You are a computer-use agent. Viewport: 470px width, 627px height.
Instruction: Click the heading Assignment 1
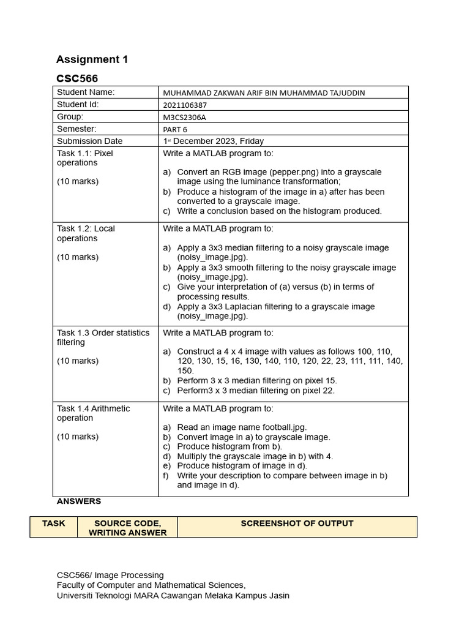[92, 59]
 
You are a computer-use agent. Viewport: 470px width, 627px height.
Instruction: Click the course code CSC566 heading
[77, 78]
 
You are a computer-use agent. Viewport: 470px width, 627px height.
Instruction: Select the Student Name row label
[86, 92]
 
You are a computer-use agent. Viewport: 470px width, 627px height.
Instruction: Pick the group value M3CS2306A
[184, 117]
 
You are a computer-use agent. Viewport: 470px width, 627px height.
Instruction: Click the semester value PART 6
[175, 129]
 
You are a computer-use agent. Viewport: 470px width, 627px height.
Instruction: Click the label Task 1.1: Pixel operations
[84, 158]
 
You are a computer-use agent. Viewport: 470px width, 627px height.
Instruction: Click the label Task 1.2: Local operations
[86, 233]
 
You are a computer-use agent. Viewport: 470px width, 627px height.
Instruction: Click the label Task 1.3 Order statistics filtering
[103, 337]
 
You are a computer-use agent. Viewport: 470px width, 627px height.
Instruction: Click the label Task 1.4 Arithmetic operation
[93, 413]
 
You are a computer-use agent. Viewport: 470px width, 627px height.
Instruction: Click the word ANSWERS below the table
[79, 501]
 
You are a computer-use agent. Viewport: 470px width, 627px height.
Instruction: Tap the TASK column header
[53, 524]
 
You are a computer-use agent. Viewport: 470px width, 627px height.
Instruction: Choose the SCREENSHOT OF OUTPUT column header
[297, 524]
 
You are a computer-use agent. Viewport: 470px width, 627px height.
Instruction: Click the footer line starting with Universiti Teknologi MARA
[173, 595]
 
